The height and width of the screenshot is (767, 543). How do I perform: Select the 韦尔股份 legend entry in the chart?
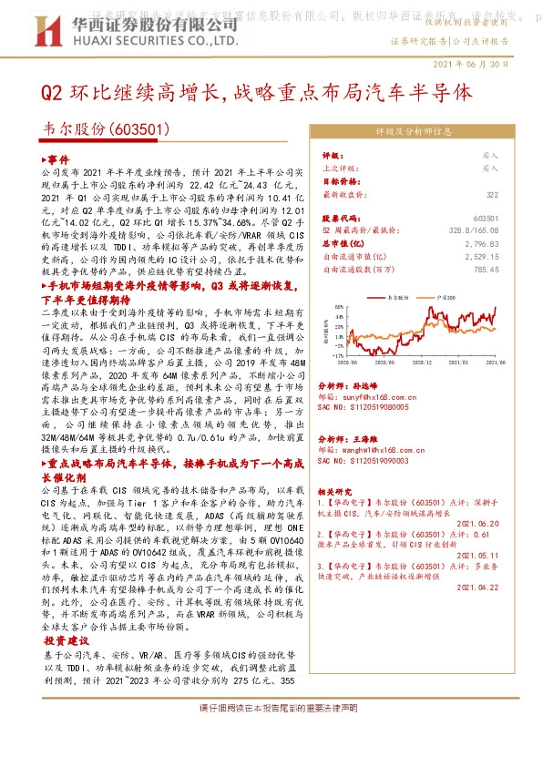(396, 297)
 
